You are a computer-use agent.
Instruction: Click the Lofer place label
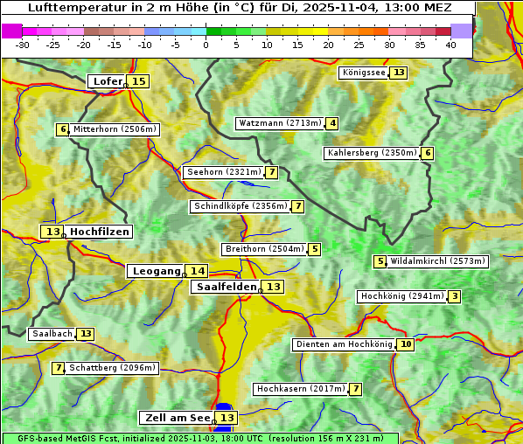coord(107,81)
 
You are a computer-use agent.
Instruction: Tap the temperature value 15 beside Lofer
coord(138,81)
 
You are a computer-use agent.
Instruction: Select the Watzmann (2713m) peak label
coord(280,123)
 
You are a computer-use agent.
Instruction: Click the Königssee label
coord(363,73)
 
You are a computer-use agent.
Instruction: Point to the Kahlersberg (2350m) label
coord(372,153)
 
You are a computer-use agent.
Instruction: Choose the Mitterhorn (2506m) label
coord(115,129)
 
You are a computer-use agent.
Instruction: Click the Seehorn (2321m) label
coord(224,172)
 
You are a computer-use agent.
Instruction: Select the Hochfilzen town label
coord(100,232)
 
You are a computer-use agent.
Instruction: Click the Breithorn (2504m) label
coord(263,249)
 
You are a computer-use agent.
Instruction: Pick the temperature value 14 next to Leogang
coord(198,271)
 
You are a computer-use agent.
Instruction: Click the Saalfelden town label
coord(227,287)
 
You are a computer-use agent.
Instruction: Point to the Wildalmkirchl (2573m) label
coord(437,260)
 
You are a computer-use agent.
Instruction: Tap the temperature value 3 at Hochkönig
coord(454,296)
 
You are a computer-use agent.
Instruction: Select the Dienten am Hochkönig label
coord(344,344)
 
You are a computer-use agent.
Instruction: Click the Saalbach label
coord(52,334)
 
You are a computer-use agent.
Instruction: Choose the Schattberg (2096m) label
coord(113,368)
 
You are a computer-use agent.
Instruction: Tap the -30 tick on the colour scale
coord(23,45)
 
